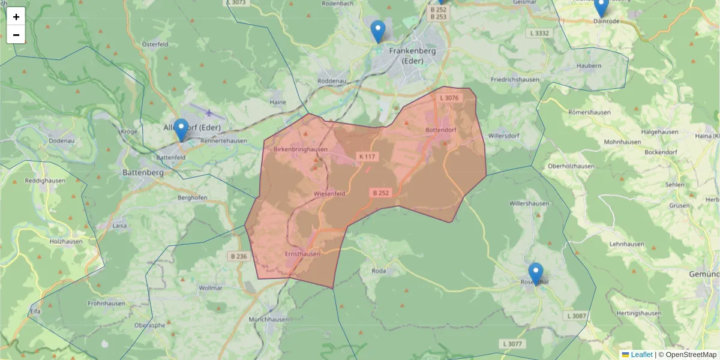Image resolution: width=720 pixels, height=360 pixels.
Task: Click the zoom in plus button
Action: pos(16,16)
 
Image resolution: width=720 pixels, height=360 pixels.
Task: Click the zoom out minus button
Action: pos(16,35)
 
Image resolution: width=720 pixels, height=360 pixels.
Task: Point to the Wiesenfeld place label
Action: pos(330,194)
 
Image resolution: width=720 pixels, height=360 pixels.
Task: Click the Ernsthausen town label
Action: pos(302,254)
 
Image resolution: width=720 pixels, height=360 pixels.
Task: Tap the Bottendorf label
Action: pos(441,130)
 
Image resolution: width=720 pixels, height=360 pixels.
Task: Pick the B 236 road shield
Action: pos(238,256)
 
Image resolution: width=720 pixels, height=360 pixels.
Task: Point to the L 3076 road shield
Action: pos(449,98)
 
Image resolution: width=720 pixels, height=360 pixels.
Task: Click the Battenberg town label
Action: pos(143,172)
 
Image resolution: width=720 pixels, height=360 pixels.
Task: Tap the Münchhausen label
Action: pos(268,320)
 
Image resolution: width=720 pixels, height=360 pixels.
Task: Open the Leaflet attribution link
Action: pos(641,355)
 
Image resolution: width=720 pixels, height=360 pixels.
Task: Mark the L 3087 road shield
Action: pos(575,316)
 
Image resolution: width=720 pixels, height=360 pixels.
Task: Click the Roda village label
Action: pos(379,271)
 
